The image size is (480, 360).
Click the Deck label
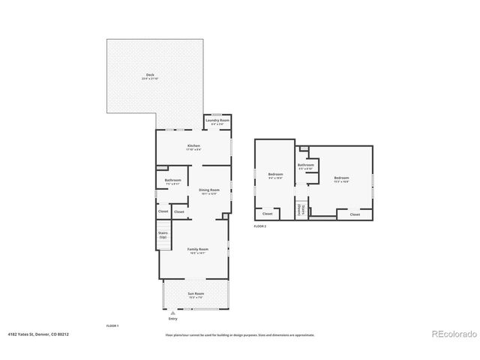pyautogui.click(x=150, y=75)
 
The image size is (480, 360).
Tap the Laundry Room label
pyautogui.click(x=217, y=120)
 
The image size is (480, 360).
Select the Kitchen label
pyautogui.click(x=193, y=145)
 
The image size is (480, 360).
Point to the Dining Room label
pyautogui.click(x=209, y=190)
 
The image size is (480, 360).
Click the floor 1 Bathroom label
pyautogui.click(x=173, y=180)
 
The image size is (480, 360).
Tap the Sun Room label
pyautogui.click(x=196, y=295)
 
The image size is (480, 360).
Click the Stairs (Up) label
pyautogui.click(x=163, y=235)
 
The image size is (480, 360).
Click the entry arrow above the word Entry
pyautogui.click(x=173, y=312)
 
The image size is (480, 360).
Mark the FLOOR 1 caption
pyautogui.click(x=112, y=326)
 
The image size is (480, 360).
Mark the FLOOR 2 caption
pyautogui.click(x=260, y=226)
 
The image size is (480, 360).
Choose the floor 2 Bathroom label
pyautogui.click(x=305, y=165)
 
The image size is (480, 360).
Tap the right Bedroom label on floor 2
pyautogui.click(x=342, y=178)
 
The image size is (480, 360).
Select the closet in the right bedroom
pyautogui.click(x=355, y=214)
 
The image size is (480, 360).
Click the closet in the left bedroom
pyautogui.click(x=267, y=214)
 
